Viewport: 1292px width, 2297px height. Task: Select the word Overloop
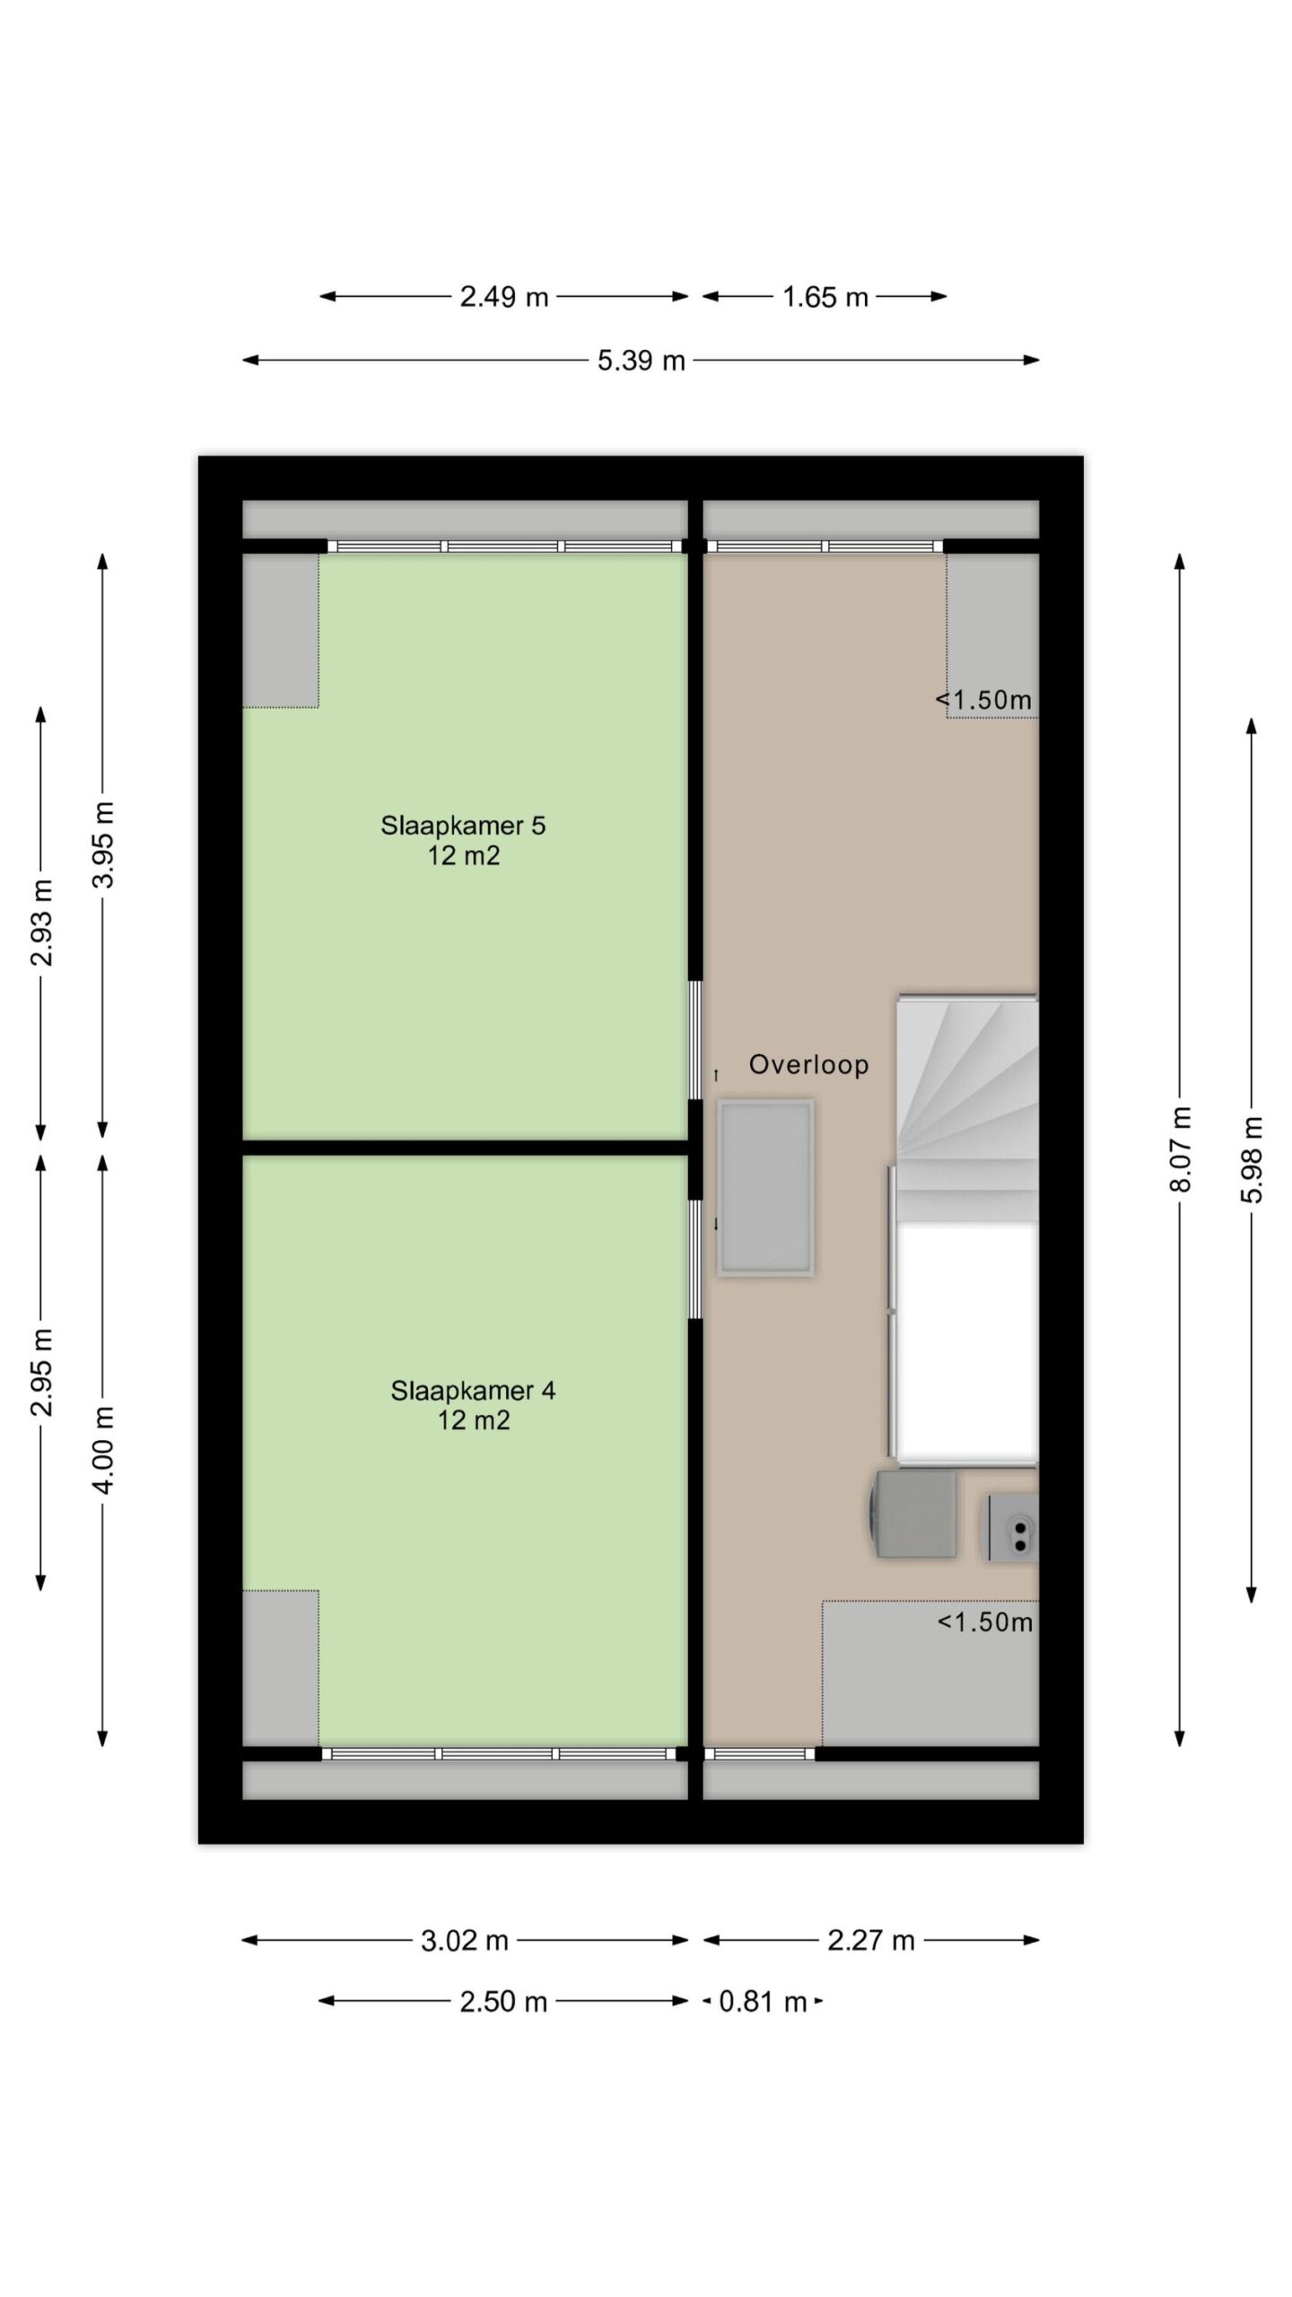pos(808,1064)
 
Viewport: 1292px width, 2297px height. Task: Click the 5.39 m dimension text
pos(642,361)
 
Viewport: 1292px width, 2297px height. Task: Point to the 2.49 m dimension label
pos(504,297)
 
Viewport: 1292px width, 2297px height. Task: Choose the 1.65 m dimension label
pos(825,297)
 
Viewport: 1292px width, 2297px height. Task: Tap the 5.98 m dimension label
pos(1253,1159)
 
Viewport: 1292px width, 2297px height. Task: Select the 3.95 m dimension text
pos(104,844)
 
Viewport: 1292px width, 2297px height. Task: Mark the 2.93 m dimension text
pos(41,922)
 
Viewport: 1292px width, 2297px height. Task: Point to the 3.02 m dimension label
pos(465,1941)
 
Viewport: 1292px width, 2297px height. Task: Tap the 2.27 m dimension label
pos(871,1941)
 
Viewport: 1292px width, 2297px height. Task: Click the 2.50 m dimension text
pos(503,2001)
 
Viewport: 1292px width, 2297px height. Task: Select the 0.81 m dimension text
pos(763,2001)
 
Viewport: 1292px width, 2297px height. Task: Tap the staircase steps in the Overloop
pos(967,1109)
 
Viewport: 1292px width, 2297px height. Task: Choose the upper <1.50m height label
pos(984,700)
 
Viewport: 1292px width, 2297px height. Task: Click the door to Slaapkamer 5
pos(694,1041)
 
